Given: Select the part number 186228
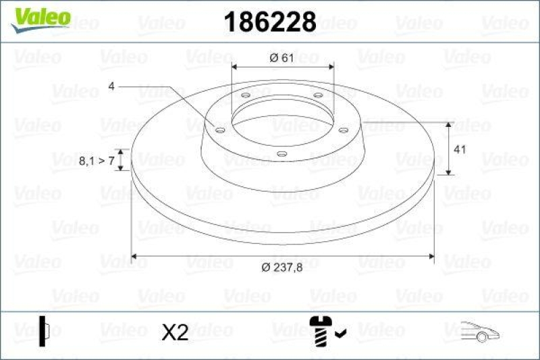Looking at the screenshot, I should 269,22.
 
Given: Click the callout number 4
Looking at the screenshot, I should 111,86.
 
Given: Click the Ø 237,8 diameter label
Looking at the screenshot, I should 281,268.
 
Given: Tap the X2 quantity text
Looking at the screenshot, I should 175,332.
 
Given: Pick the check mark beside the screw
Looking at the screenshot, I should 341,332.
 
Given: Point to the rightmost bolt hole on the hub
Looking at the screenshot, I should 343,129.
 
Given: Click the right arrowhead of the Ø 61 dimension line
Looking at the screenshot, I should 331,66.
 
